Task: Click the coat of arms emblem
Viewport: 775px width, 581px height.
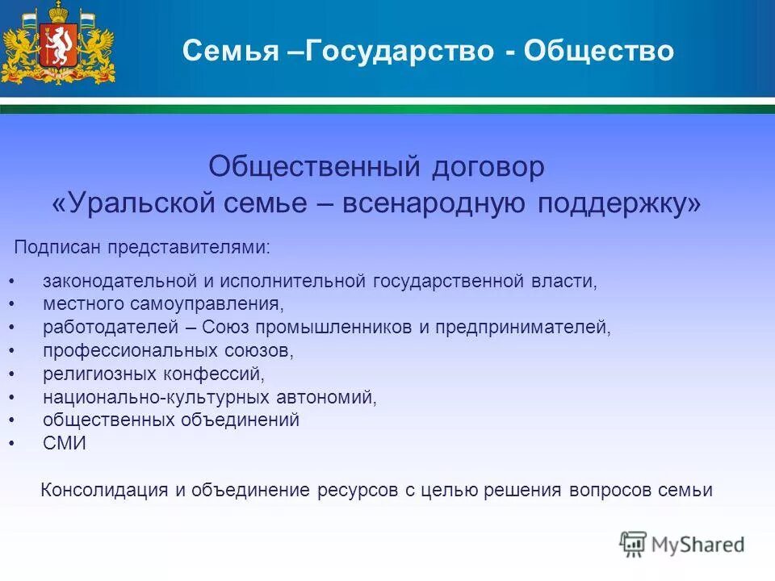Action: pos(57,44)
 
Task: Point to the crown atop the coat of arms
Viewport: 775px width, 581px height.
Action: pos(57,11)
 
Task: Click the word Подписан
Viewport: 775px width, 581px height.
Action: pos(56,247)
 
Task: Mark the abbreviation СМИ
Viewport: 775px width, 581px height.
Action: pos(65,443)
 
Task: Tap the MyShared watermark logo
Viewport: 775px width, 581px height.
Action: pos(681,543)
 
